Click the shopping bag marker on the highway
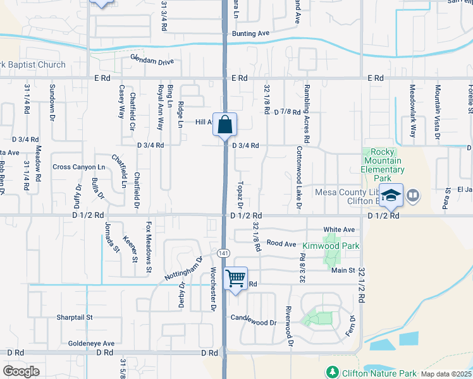coord(225,125)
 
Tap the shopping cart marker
coord(235,277)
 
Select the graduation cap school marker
coord(391,196)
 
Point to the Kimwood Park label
coord(331,246)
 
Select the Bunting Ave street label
coord(250,33)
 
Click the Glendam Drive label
coord(152,62)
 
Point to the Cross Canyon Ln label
coord(79,167)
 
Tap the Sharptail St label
coord(75,317)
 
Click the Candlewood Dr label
coord(254,322)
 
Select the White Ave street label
coord(339,230)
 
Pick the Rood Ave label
coord(281,243)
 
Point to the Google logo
coord(21,371)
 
